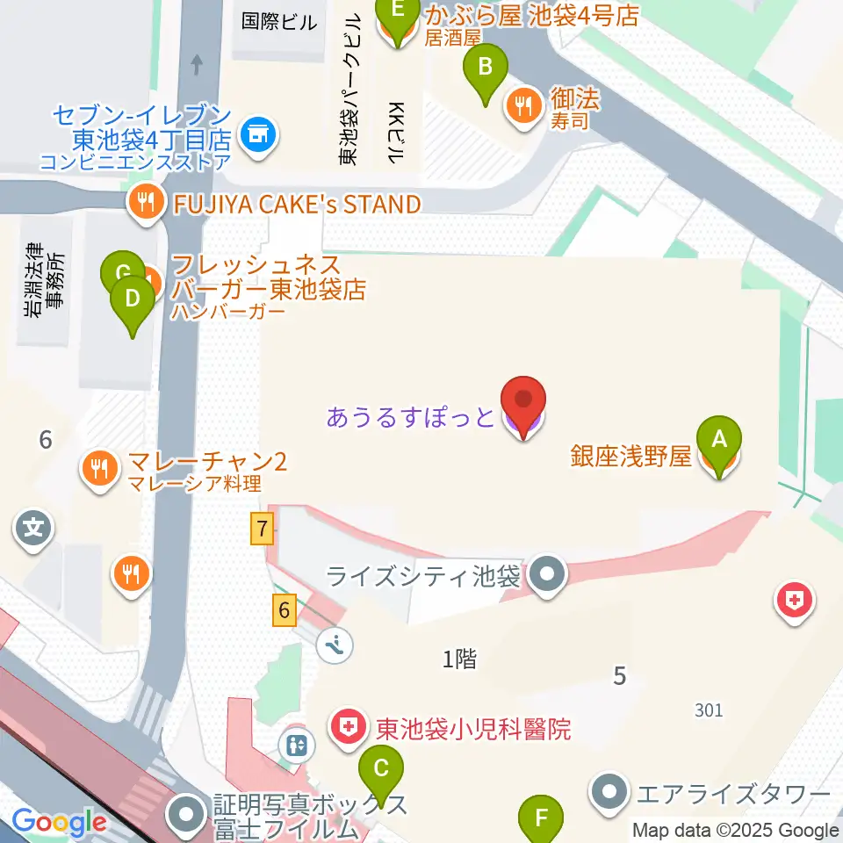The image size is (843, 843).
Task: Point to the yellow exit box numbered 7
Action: (x=261, y=530)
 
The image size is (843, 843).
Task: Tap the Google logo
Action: (x=60, y=823)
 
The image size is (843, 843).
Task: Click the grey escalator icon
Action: (x=336, y=646)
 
